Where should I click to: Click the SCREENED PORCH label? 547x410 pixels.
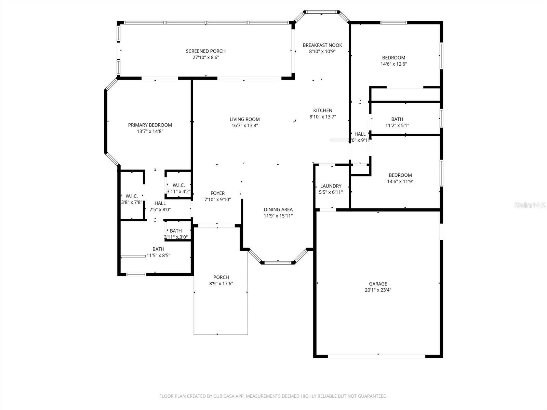(x=205, y=51)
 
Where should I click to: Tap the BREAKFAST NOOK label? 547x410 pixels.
(x=322, y=45)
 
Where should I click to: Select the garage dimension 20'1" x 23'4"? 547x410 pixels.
(x=378, y=290)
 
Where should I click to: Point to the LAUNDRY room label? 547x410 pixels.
(x=331, y=186)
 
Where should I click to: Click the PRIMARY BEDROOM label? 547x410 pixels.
(x=150, y=125)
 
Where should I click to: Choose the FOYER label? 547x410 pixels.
(x=217, y=193)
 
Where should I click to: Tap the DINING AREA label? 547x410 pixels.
(x=278, y=209)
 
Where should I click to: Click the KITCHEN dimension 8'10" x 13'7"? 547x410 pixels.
(x=323, y=117)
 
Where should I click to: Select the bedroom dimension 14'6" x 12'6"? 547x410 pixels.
(x=393, y=64)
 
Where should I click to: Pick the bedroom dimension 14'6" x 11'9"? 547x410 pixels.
(x=400, y=181)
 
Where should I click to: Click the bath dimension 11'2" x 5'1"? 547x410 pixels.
(x=397, y=125)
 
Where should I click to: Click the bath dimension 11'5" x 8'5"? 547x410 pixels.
(x=158, y=255)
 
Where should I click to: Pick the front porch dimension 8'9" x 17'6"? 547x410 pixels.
(x=221, y=284)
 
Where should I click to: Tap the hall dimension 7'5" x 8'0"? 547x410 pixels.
(x=160, y=210)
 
